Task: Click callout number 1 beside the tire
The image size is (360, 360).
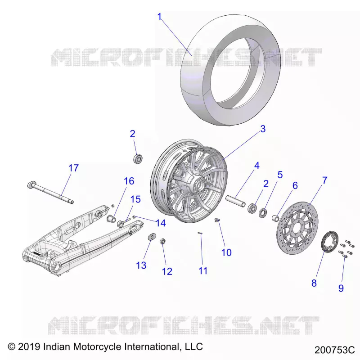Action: (160, 17)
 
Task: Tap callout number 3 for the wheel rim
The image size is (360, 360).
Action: (263, 129)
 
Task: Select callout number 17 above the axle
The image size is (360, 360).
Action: (74, 168)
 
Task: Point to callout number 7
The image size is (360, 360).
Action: (324, 180)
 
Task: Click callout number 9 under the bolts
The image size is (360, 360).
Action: (341, 288)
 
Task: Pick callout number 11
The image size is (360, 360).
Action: (203, 271)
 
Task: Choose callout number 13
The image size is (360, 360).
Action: (141, 265)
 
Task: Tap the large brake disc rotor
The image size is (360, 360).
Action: (297, 227)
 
